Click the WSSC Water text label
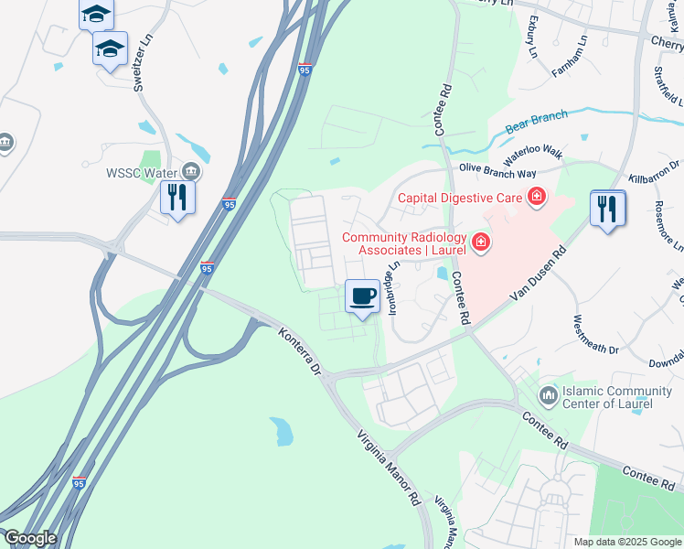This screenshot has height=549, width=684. pyautogui.click(x=143, y=171)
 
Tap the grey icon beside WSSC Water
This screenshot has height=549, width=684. pyautogui.click(x=192, y=171)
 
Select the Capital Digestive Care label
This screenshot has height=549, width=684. pyautogui.click(x=458, y=197)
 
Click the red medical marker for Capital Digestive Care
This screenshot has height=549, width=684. pyautogui.click(x=535, y=197)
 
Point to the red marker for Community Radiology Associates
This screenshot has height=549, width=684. pyautogui.click(x=480, y=243)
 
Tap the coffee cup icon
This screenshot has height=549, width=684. pyautogui.click(x=363, y=296)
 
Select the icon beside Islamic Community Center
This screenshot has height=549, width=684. pyautogui.click(x=549, y=396)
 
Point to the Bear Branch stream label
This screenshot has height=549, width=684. pyautogui.click(x=537, y=120)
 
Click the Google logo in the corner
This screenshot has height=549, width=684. pyautogui.click(x=29, y=538)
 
